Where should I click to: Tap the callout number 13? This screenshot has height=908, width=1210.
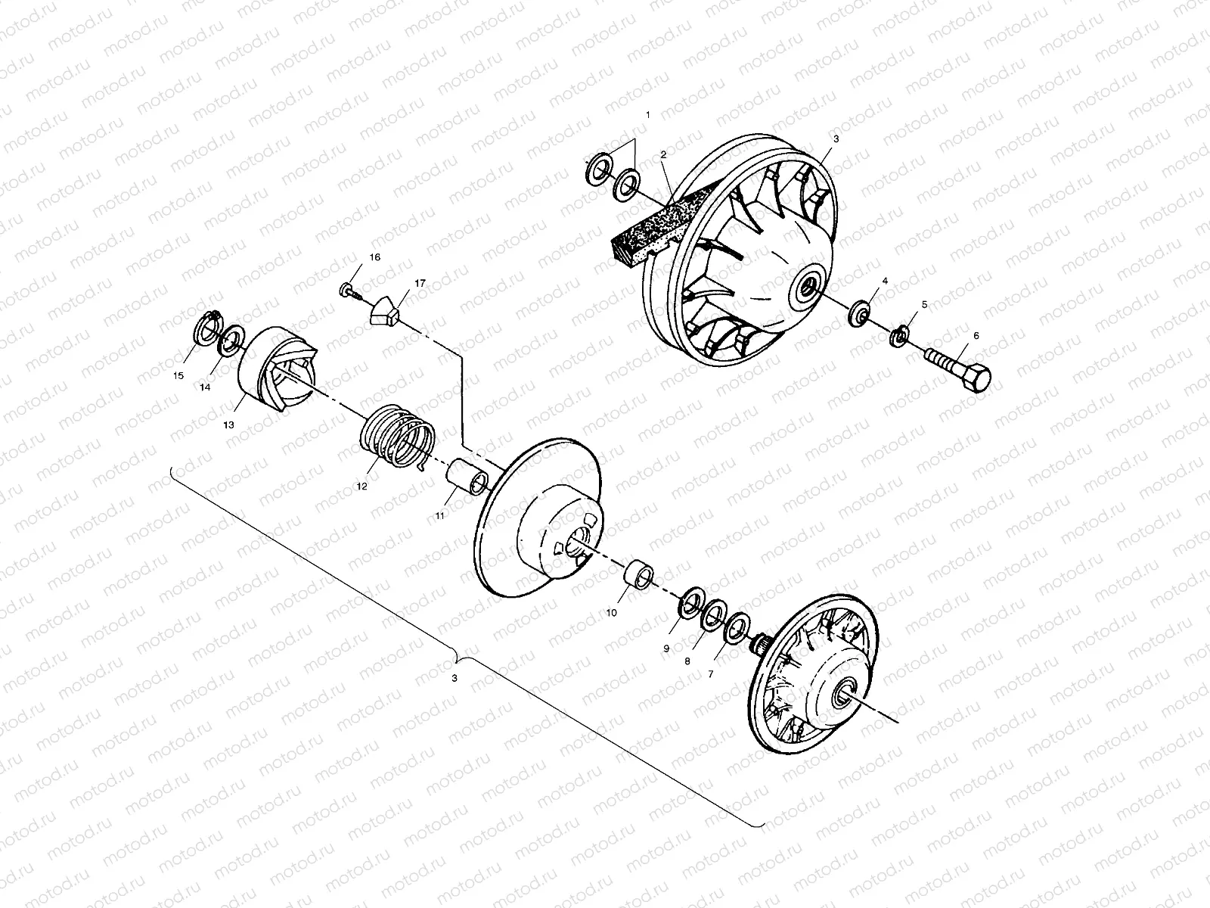point(228,425)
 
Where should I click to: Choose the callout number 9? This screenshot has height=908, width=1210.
point(666,648)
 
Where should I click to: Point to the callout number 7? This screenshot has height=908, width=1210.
point(710,673)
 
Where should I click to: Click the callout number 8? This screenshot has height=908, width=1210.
point(687,661)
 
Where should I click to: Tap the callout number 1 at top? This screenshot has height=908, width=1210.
point(647,114)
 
